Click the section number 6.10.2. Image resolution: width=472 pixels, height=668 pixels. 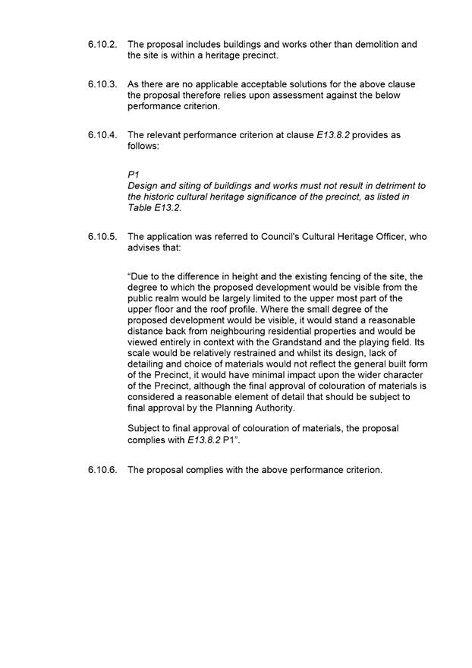coord(102,45)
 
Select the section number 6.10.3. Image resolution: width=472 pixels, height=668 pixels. coord(102,84)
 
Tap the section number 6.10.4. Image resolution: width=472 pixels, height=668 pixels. coord(102,135)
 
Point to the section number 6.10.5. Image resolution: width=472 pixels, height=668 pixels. coord(102,237)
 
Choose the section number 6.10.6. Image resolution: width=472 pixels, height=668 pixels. coord(102,470)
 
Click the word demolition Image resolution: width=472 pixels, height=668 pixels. coord(359,45)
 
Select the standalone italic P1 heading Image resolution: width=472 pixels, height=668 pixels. coord(134,175)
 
